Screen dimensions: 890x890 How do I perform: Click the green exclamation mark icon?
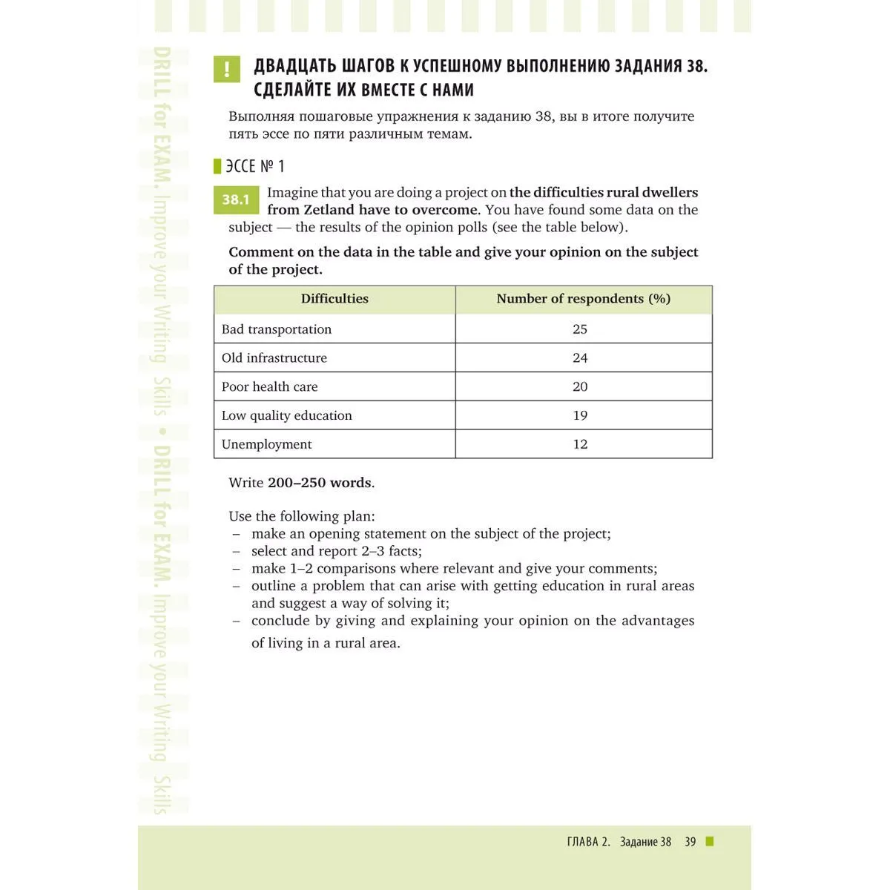pos(226,69)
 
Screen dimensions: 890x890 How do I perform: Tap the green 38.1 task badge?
pos(236,200)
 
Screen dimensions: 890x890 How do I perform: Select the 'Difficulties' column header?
pos(334,299)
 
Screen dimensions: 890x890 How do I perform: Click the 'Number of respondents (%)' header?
pos(583,299)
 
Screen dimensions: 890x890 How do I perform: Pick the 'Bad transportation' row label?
pos(277,329)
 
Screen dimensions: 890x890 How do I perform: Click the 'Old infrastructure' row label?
pos(274,357)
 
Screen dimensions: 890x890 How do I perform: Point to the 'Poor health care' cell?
pos(270,386)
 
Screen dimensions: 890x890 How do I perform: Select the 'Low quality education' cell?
pos(287,415)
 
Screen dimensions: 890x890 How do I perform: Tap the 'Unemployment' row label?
pos(267,444)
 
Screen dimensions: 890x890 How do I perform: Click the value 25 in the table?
pos(580,329)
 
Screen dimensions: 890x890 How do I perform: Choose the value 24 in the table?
pos(580,357)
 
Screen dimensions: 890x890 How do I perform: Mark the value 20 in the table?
pos(580,386)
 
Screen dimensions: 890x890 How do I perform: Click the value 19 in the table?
pos(580,415)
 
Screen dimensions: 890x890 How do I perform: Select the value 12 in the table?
pos(580,444)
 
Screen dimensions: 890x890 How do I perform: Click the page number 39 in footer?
pos(690,842)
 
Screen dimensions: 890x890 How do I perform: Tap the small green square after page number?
pos(710,841)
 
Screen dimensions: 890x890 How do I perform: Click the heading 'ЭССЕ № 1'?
pos(255,166)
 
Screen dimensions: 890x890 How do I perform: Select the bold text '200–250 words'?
pos(320,483)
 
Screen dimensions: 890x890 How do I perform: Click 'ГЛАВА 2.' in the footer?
pos(588,842)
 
